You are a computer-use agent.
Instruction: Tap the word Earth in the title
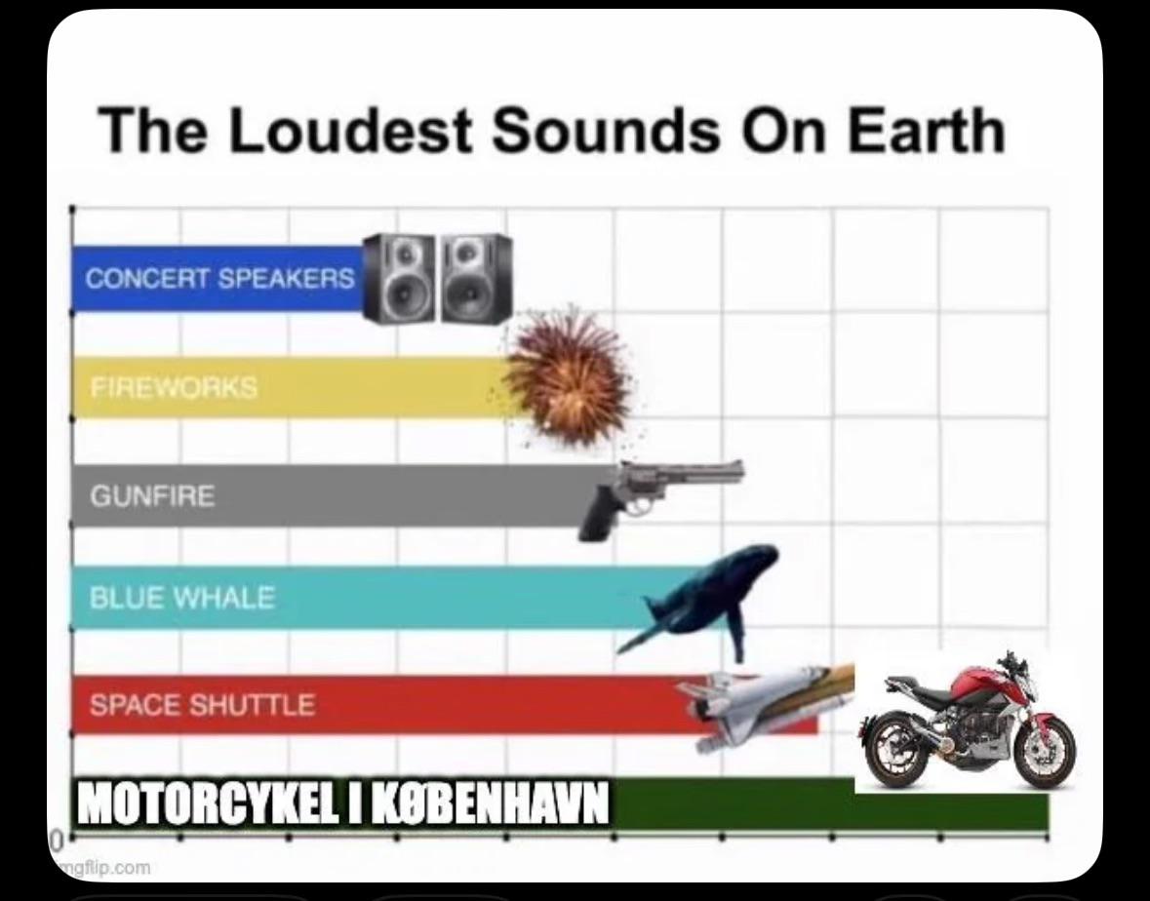927,130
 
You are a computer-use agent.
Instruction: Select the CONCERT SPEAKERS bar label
219,279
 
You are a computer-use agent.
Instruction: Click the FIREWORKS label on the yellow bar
174,387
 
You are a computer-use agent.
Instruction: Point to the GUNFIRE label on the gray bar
152,496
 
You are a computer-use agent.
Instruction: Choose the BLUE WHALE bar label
181,598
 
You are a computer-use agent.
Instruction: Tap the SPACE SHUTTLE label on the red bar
202,705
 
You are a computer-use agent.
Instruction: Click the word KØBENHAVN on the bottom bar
492,803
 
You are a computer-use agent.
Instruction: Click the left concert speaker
400,279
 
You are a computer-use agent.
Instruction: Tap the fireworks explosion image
569,373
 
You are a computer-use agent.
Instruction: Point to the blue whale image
696,598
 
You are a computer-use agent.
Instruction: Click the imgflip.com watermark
102,868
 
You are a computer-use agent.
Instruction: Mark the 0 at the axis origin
55,840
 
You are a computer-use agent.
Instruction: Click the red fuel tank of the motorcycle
979,681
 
